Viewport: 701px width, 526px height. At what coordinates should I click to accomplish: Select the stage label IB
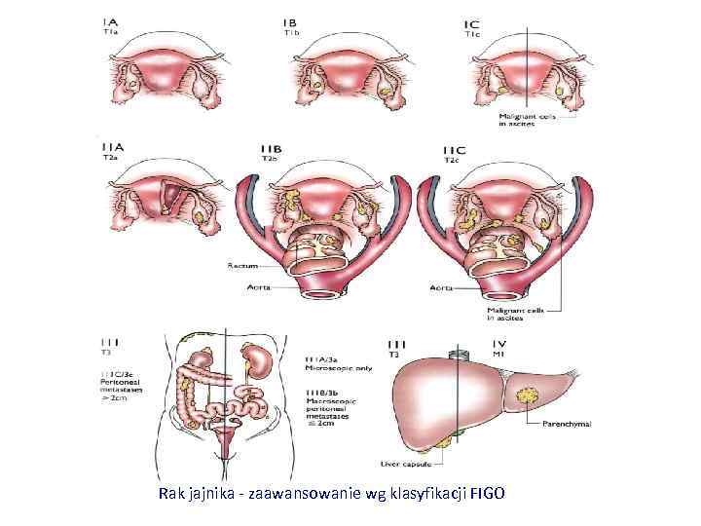[x=289, y=22]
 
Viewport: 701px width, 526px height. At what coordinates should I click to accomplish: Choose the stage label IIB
[x=271, y=148]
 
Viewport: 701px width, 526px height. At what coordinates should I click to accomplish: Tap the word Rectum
[x=240, y=265]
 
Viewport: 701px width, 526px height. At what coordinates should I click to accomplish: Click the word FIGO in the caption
[x=486, y=494]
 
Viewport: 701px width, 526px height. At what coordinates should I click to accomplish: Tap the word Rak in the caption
[x=170, y=494]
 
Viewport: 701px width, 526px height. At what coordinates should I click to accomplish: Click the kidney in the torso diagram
[x=259, y=360]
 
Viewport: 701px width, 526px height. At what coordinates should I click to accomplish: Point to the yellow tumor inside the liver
[x=531, y=396]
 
